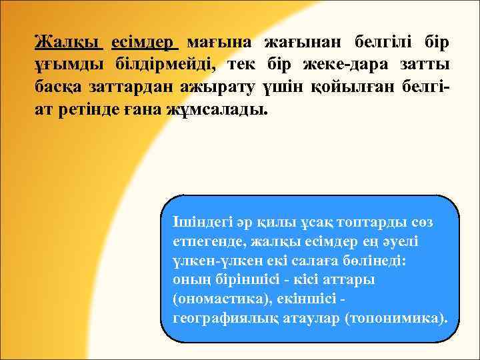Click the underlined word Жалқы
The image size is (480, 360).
tap(69, 43)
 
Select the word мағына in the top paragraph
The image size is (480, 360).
tap(219, 43)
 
